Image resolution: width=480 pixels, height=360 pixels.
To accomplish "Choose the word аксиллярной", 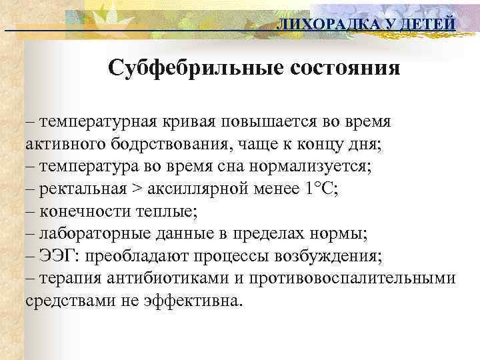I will (x=192, y=189).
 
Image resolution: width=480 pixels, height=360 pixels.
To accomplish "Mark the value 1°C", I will (x=321, y=189).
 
